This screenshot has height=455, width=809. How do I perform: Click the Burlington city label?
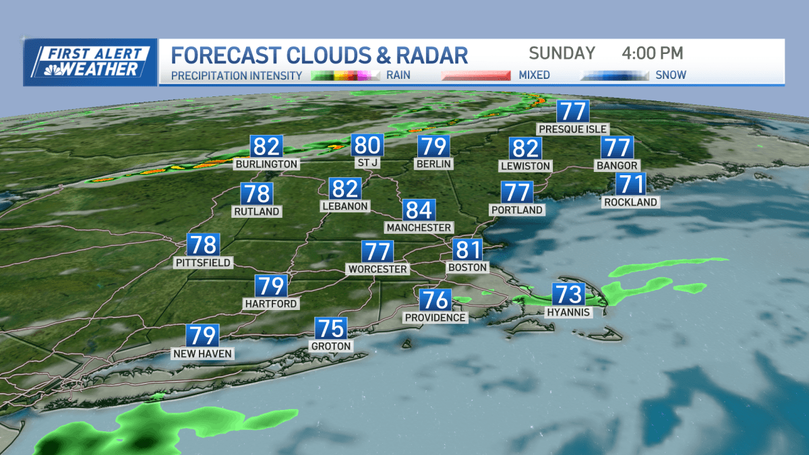266,164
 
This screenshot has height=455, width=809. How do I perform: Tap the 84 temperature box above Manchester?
419,210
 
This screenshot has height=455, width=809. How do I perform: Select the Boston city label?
467,268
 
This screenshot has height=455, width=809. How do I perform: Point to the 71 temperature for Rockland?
630,184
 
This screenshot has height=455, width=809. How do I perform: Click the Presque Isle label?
572,129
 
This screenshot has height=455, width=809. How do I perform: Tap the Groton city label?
331,346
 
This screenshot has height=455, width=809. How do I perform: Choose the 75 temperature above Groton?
331,329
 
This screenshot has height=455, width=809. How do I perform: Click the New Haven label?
202,353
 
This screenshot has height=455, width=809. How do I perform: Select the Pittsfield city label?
202,262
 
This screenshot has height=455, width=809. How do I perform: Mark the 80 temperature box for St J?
367,146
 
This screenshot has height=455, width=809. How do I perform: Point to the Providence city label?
436,317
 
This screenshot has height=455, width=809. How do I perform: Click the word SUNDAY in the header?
562,53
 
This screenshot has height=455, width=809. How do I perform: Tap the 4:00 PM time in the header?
652,53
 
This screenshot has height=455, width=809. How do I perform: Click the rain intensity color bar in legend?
346,75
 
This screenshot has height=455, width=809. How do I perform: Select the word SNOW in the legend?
671,75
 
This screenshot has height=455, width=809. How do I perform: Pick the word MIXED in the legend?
534,75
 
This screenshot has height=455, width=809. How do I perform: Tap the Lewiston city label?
526,166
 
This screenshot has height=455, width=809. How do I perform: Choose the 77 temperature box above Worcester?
378,251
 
